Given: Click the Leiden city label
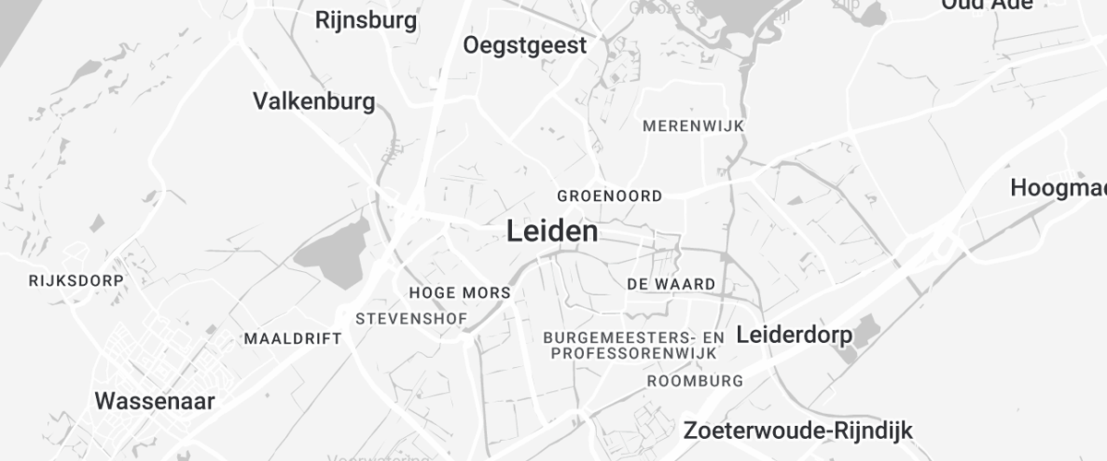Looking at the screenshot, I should click(552, 231).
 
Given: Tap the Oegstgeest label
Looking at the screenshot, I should click(525, 45).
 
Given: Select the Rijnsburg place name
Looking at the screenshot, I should click(365, 19).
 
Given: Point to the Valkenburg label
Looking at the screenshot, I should click(314, 101).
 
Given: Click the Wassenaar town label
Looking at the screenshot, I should click(155, 401).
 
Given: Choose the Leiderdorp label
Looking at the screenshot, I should click(793, 335).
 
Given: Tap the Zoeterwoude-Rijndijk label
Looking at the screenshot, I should click(797, 430).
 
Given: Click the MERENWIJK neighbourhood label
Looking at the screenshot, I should click(693, 125).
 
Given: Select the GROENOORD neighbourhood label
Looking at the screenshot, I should click(609, 196).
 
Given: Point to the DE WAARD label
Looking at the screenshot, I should click(671, 284).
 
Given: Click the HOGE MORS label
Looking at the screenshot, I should click(458, 293).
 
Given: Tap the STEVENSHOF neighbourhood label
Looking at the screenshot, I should click(411, 319).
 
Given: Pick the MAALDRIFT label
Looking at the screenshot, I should click(292, 338).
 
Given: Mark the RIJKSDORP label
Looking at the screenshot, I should click(76, 279).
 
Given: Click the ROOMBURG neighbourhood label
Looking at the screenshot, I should click(696, 381).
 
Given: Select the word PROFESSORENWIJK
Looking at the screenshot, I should click(634, 353).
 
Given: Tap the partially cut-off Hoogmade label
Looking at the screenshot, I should click(1058, 188).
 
